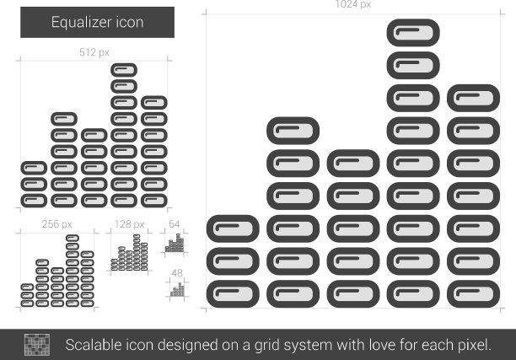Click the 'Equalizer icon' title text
pos(97,23)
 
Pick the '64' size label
pos(175,224)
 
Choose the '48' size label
pos(176,273)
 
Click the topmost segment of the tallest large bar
pos(413,33)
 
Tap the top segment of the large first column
pos(233,228)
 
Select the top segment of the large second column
pos(293,131)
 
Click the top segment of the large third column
pos(352,163)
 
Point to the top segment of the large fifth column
pos(473,98)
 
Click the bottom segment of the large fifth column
pos(473,293)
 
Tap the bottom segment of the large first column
pos(233,293)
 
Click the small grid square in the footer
pos(38,344)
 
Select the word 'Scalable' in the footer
pos(94,344)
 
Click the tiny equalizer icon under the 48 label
pos(177,289)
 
